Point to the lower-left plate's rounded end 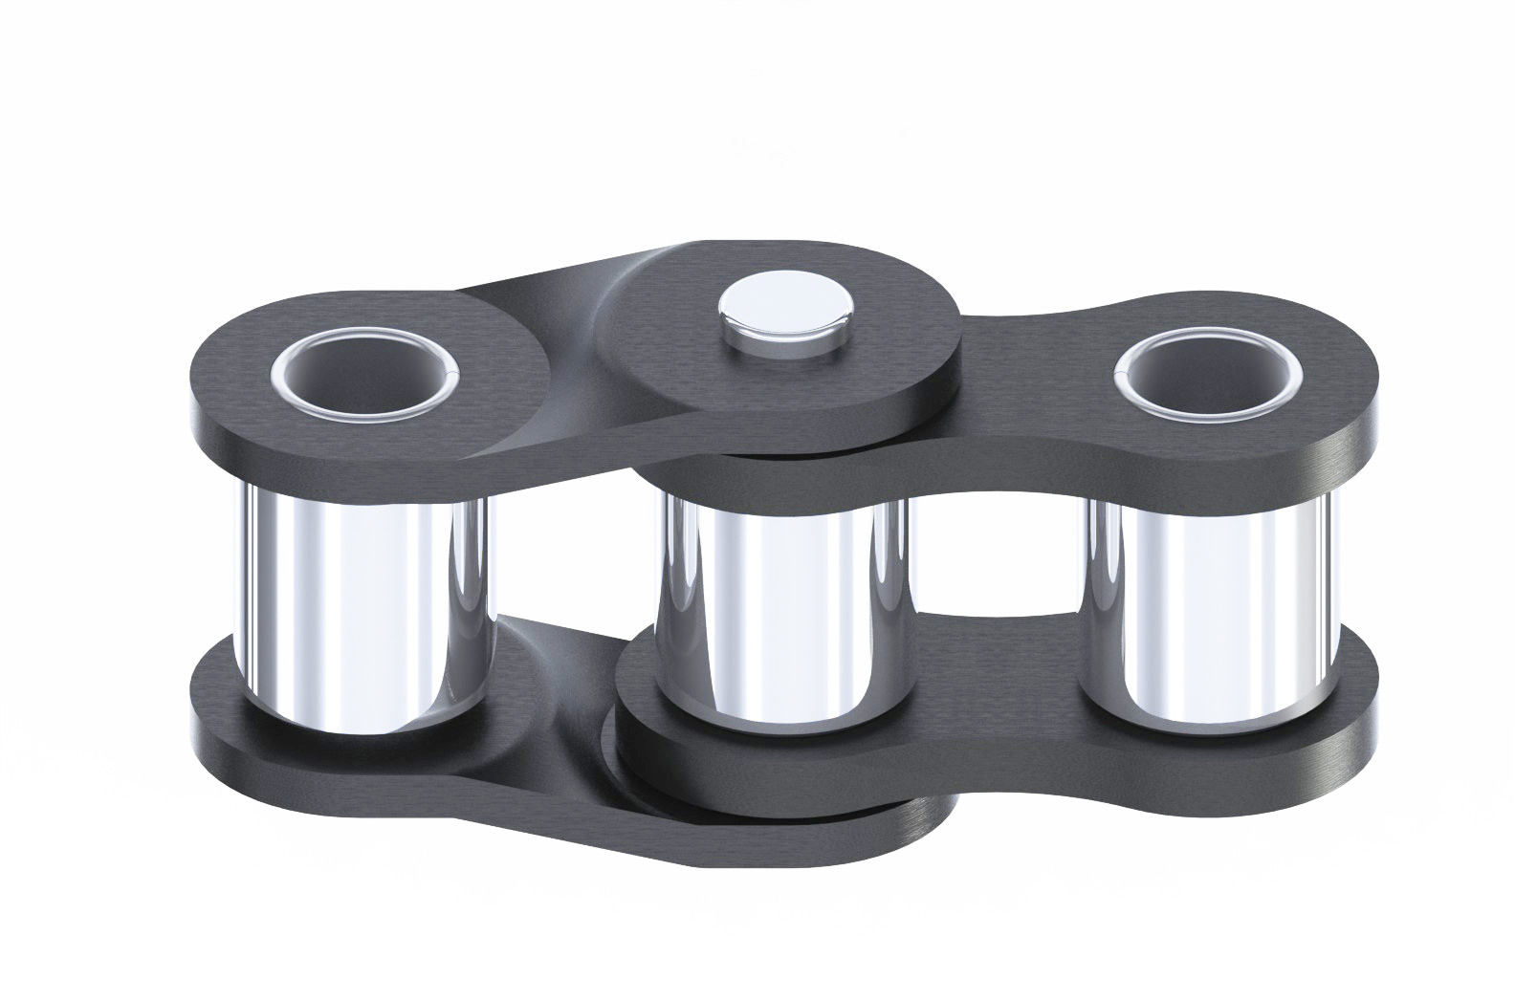pyautogui.click(x=215, y=707)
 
